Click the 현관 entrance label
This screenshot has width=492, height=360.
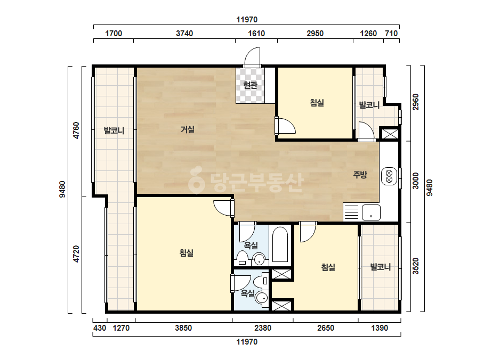pos(250,85)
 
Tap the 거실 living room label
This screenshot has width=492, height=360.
pos(187,129)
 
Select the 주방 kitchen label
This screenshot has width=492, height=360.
pos(360,174)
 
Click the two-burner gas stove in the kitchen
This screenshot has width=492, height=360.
pos(389,176)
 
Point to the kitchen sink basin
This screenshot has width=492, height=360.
pos(371,212)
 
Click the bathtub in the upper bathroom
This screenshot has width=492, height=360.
pos(279,244)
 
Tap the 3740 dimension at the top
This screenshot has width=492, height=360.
pos(184,33)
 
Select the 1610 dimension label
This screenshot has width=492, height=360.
pos(256,33)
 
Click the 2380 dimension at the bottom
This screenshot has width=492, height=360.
pos(263,328)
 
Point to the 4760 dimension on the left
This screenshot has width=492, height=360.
pos(76,130)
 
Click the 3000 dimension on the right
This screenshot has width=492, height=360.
pos(415,181)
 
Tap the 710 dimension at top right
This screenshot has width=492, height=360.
pos(391,33)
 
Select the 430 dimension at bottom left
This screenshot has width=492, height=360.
pos(100,328)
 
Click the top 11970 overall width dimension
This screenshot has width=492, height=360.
pos(247,20)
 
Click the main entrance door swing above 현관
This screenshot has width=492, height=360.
pos(252,57)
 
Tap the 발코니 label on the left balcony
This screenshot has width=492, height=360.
pos(114,130)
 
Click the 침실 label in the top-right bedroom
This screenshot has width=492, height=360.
pos(317,103)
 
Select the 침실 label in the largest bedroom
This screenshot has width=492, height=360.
pos(187,253)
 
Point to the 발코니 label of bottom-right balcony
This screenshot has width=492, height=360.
pos(380,267)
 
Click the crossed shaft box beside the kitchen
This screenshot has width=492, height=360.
pos(390,134)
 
